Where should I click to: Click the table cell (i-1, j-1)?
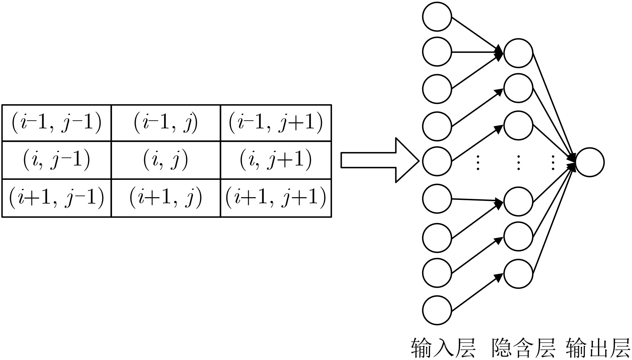[57, 123]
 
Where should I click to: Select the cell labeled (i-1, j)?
[166, 123]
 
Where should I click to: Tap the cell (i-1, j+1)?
[276, 123]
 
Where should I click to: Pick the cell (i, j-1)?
[57, 160]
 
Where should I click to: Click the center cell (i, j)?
[166, 160]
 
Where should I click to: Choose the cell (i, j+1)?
[276, 160]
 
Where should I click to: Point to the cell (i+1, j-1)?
[57, 198]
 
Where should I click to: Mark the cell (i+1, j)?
[166, 198]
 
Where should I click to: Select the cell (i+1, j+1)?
[276, 198]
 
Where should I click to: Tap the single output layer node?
[590, 162]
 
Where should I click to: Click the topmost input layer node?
[437, 17]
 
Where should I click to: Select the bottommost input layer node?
[437, 310]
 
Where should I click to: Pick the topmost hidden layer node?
[518, 53]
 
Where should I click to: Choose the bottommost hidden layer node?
[518, 274]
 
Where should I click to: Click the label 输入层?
[443, 348]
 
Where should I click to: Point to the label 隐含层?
[523, 348]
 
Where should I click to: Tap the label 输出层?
[598, 348]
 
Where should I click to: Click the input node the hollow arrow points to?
[437, 161]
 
